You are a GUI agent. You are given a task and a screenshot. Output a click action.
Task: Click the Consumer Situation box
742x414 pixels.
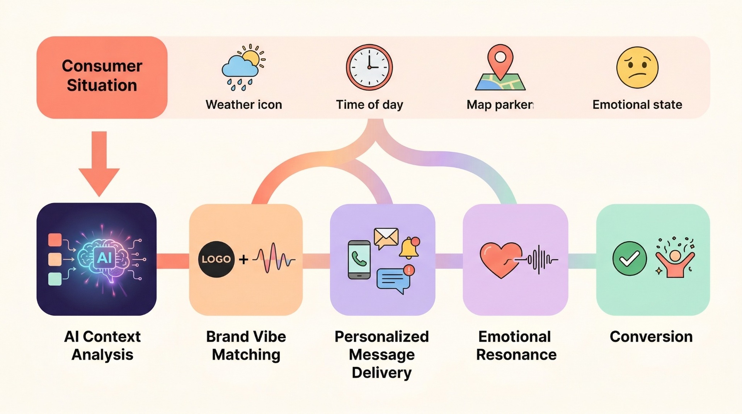click(x=102, y=77)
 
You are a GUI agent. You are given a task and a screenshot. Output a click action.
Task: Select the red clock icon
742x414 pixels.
click(x=369, y=67)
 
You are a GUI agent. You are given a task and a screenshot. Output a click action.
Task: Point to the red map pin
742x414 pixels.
click(x=500, y=60)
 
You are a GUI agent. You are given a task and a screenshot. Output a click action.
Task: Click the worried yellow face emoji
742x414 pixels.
click(x=637, y=68)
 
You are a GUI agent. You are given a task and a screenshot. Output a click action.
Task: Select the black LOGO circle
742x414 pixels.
click(x=216, y=259)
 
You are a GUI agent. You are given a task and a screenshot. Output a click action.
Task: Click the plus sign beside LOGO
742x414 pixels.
click(x=243, y=259)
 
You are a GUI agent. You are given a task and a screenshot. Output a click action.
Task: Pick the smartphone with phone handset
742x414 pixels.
click(x=359, y=260)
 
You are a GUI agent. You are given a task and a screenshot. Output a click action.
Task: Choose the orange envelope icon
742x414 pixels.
click(x=386, y=238)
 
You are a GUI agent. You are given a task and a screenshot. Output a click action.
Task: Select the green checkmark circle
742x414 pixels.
click(x=630, y=259)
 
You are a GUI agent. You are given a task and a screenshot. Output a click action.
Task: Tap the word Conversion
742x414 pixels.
click(x=651, y=337)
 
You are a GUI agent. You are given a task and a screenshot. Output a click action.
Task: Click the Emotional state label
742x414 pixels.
click(x=637, y=105)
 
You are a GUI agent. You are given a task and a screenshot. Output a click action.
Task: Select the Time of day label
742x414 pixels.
click(x=369, y=105)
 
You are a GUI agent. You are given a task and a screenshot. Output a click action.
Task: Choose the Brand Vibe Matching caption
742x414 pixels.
click(x=246, y=346)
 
